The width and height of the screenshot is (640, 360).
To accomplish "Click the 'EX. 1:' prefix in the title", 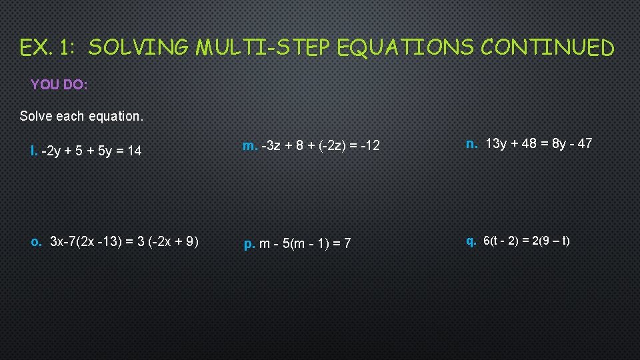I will pos(49,48).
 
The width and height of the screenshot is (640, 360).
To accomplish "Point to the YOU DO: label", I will pos(59,85).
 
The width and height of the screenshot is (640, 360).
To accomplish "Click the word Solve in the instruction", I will pos(36,116).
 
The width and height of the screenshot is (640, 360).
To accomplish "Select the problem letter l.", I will pos(33,151).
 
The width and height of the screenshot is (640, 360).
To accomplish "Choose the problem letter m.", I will pos(250,146).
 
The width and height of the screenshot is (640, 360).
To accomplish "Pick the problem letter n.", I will pos(471,143).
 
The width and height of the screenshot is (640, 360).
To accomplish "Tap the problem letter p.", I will pos(249,244).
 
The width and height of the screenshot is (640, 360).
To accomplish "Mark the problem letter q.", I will pos(471,241).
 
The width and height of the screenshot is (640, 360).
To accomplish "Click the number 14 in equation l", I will pos(134,151).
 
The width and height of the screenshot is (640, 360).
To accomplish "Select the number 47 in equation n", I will pos(584,143).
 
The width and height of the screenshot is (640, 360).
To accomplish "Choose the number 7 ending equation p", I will pos(347,244).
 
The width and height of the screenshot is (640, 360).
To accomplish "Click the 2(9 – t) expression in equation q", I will pos(549,241).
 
